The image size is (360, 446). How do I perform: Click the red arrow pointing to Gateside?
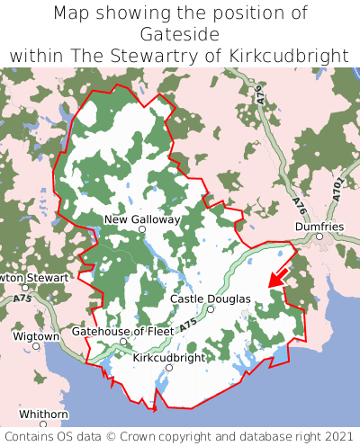(x=278, y=275)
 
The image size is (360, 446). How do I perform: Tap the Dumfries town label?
(x=319, y=227)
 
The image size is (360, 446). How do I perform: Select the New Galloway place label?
(x=142, y=219)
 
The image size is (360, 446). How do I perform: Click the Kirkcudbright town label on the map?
(x=168, y=358)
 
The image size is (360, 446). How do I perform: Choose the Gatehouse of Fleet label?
(x=122, y=331)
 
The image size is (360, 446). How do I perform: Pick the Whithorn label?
(x=42, y=414)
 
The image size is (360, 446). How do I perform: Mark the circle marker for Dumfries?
(x=319, y=236)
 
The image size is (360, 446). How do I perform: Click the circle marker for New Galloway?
(x=141, y=230)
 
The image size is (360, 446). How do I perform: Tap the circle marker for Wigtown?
(x=36, y=345)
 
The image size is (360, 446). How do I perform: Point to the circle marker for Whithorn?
(x=42, y=424)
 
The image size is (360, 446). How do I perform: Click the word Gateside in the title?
(x=180, y=34)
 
